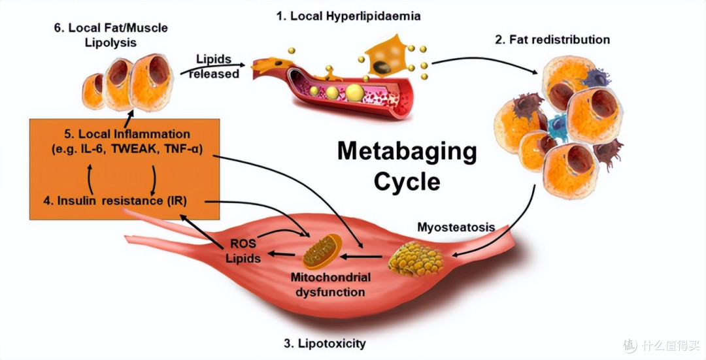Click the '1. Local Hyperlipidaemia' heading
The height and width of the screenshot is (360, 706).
348,16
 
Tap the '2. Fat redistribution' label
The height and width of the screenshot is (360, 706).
552,40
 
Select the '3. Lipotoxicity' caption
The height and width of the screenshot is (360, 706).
325,344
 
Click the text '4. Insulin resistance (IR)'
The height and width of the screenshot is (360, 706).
115,201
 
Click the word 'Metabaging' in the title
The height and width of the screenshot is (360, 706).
407,152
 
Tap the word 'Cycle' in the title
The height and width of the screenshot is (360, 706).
407,182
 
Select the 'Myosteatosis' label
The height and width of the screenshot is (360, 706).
456,227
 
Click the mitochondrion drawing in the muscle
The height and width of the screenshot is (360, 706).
322,251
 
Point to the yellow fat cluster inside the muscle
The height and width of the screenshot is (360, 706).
416,259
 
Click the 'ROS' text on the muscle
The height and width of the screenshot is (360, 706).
243,244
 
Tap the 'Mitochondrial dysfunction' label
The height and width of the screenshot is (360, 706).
330,284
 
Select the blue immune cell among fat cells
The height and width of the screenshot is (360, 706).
558,127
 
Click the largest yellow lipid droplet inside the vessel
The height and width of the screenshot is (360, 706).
355,92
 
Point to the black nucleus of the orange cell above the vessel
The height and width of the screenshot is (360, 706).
382,67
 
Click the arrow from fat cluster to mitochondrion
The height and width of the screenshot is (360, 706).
362,257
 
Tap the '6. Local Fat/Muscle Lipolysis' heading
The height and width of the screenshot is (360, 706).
110,35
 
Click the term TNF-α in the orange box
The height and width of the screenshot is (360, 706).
182,149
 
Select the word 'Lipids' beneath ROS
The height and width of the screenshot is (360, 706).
243,258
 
